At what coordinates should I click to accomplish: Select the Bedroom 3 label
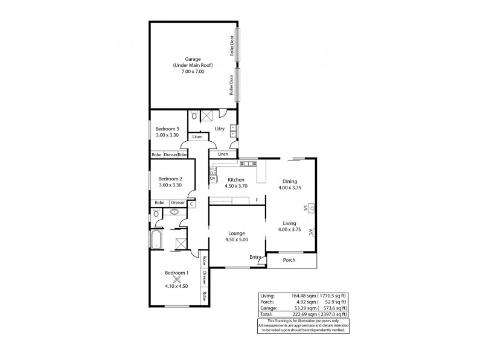(x=167, y=129)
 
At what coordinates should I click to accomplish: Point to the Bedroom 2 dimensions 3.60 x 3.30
(x=170, y=185)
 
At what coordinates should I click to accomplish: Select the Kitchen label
(x=235, y=180)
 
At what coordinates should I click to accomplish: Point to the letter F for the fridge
(x=257, y=200)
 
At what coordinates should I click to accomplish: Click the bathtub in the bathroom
(x=156, y=240)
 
